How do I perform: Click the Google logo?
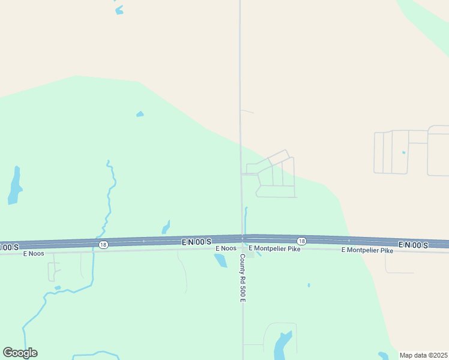[x=20, y=353]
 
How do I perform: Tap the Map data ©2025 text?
[x=423, y=355]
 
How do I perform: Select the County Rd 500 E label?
[x=243, y=278]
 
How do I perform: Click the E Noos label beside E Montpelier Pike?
[x=226, y=248]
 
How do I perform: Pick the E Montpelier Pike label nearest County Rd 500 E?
[x=274, y=248]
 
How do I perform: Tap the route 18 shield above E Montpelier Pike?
[x=301, y=241]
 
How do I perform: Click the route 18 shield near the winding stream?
[x=104, y=244]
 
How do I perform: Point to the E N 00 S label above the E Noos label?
[x=196, y=241]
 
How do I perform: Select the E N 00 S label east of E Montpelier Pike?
[x=413, y=245]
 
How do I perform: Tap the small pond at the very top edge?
[x=119, y=10]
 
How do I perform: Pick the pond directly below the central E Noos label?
[x=220, y=260]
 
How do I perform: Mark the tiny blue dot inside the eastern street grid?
[x=403, y=152]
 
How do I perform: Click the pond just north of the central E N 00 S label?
[x=165, y=227]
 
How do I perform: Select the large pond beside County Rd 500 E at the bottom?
[x=282, y=345]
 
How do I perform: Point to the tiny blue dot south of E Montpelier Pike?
[x=309, y=285]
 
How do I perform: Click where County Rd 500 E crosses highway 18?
[x=243, y=239]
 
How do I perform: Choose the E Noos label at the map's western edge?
[x=34, y=254]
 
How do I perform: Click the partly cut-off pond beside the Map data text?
[x=383, y=356]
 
